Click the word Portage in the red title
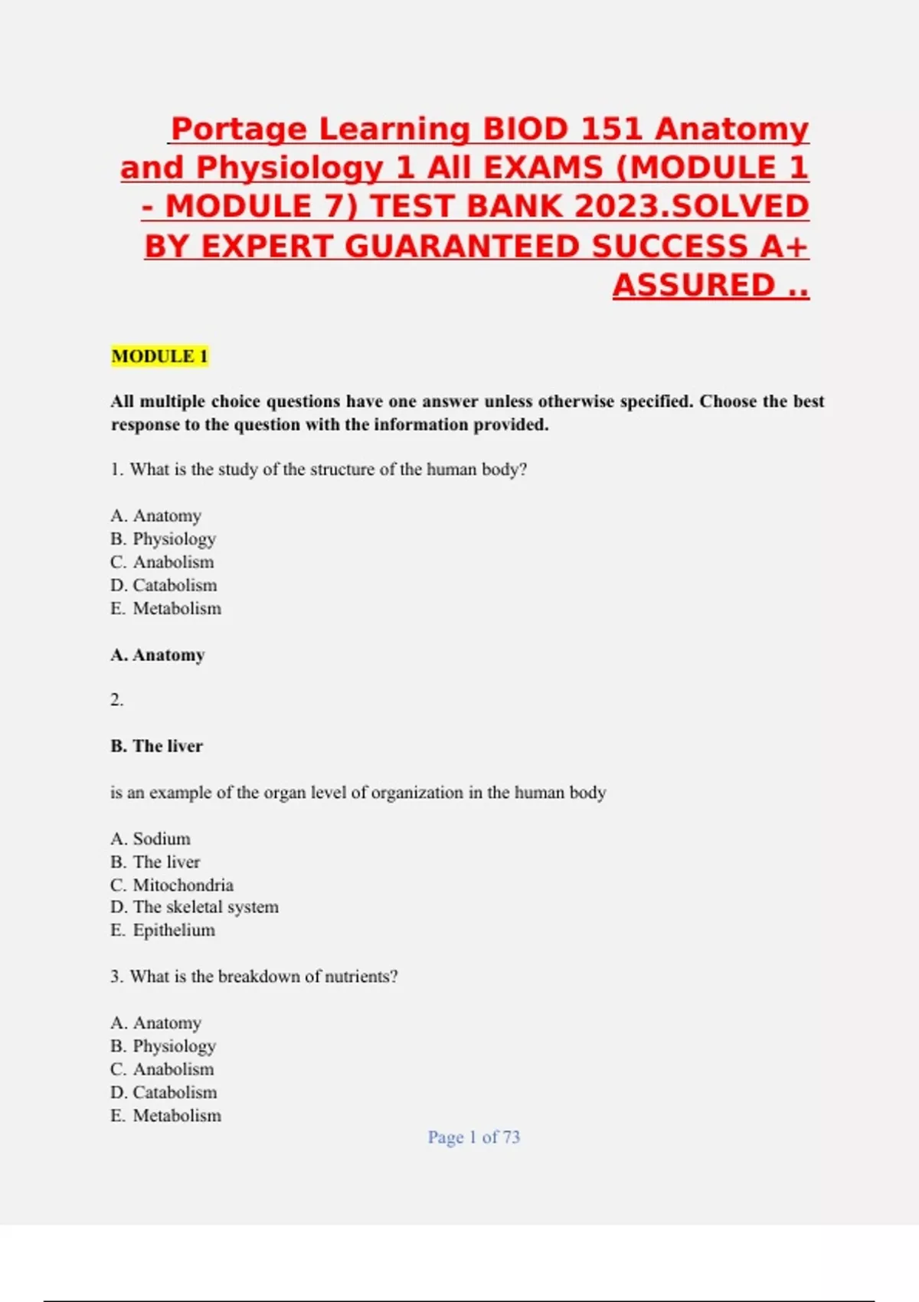(238, 129)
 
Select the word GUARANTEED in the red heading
(463, 246)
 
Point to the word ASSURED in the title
(694, 285)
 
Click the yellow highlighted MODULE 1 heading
(159, 356)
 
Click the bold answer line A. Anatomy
(158, 655)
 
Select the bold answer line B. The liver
(156, 746)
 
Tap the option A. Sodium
(150, 839)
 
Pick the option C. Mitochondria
(172, 885)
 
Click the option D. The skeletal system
(195, 907)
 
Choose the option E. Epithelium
(162, 930)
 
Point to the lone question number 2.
(116, 700)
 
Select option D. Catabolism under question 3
(163, 1092)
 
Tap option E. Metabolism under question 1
(165, 608)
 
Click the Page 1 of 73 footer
(473, 1137)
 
